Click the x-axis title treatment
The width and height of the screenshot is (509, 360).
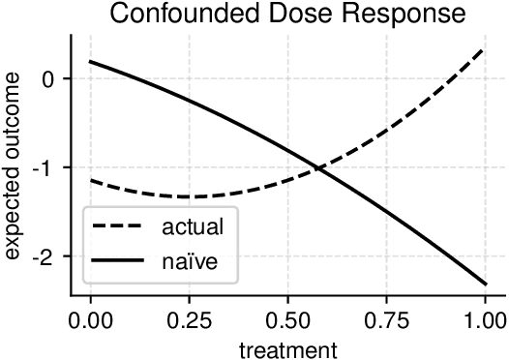click(x=288, y=346)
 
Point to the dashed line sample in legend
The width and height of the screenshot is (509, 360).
click(x=119, y=229)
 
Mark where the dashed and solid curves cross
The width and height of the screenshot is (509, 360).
click(x=319, y=169)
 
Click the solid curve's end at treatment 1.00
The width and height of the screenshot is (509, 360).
click(x=484, y=284)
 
